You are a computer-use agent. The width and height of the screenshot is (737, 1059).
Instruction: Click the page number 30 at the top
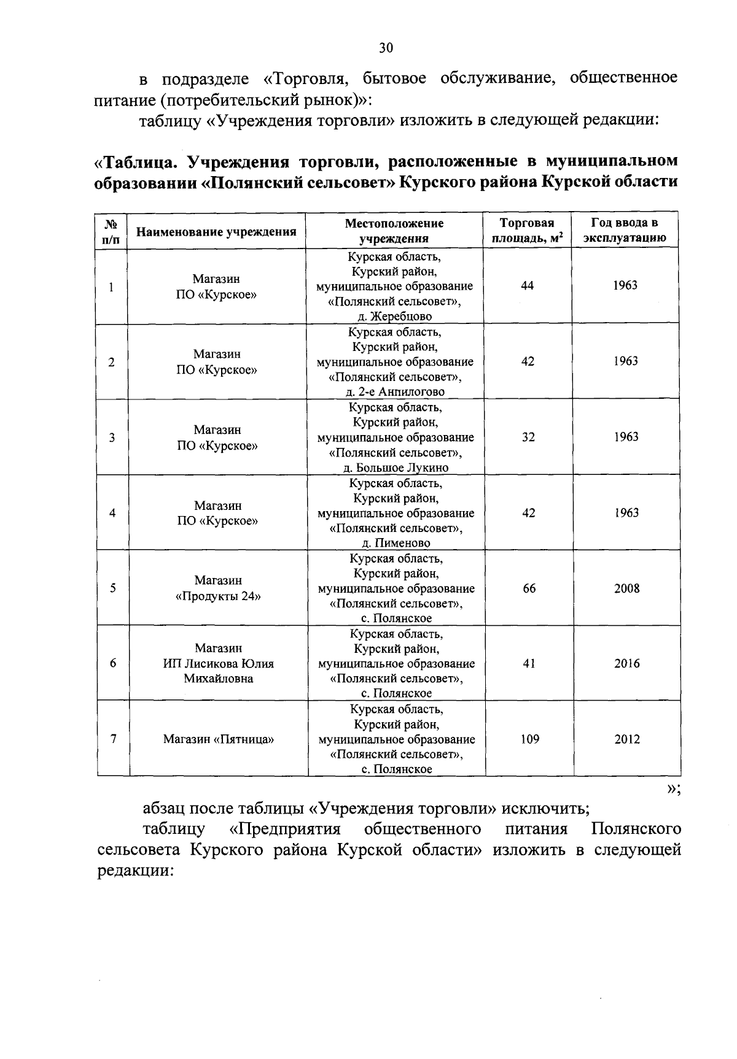coord(386,48)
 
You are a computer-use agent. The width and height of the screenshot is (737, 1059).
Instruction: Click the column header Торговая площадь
coord(527,231)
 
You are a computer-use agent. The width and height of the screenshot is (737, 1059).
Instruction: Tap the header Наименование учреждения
coord(216,231)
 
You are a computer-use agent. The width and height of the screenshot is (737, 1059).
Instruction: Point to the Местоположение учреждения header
coord(394,231)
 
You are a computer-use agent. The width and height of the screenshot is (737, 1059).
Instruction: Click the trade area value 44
coord(527,286)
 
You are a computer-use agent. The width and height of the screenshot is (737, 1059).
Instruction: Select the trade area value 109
coord(529,739)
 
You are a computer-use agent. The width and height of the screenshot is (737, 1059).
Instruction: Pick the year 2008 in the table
coord(626,588)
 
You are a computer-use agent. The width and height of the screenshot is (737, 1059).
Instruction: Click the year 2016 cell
coord(626,663)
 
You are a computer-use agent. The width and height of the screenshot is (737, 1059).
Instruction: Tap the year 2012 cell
coord(626,739)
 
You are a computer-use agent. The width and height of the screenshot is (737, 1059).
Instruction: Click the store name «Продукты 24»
coord(218,596)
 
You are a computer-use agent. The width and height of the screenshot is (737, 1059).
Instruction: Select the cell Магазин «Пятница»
coord(218,739)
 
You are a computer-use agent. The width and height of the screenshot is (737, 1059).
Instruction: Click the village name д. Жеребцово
coord(394,317)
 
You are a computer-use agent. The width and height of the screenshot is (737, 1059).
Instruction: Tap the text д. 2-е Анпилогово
coord(395,392)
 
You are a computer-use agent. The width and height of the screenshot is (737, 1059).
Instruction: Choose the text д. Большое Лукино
coord(396,468)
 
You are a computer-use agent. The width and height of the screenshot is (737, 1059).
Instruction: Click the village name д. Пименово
coord(396,543)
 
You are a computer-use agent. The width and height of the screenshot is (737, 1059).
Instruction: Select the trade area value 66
coord(529,588)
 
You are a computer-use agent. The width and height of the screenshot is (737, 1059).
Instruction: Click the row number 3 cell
coord(112,437)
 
